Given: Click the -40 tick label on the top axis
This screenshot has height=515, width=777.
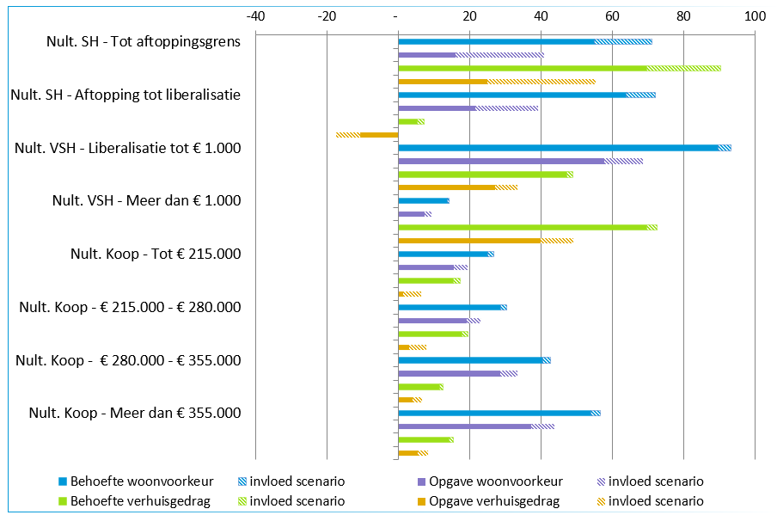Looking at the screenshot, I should pyautogui.click(x=254, y=15).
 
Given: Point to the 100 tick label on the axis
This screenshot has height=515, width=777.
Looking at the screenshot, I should pyautogui.click(x=754, y=15).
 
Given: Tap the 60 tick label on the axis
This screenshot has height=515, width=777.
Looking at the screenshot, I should pyautogui.click(x=611, y=15).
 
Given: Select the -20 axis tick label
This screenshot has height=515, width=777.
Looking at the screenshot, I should pyautogui.click(x=326, y=15).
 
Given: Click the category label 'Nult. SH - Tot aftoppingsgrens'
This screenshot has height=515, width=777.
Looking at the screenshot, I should pyautogui.click(x=144, y=41).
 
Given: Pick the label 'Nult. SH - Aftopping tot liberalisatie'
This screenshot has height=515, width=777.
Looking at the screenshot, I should pyautogui.click(x=125, y=95).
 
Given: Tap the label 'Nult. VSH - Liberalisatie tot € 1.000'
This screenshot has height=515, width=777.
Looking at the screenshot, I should pyautogui.click(x=127, y=148).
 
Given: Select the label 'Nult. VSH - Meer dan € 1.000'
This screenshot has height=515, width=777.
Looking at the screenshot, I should pyautogui.click(x=146, y=201).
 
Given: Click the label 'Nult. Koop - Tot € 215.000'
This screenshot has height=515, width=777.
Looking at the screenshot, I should pyautogui.click(x=156, y=254).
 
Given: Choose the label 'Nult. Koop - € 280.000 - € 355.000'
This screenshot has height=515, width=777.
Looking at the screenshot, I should pyautogui.click(x=128, y=361).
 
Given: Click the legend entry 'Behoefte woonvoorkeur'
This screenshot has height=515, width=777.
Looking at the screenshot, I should pyautogui.click(x=142, y=481).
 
